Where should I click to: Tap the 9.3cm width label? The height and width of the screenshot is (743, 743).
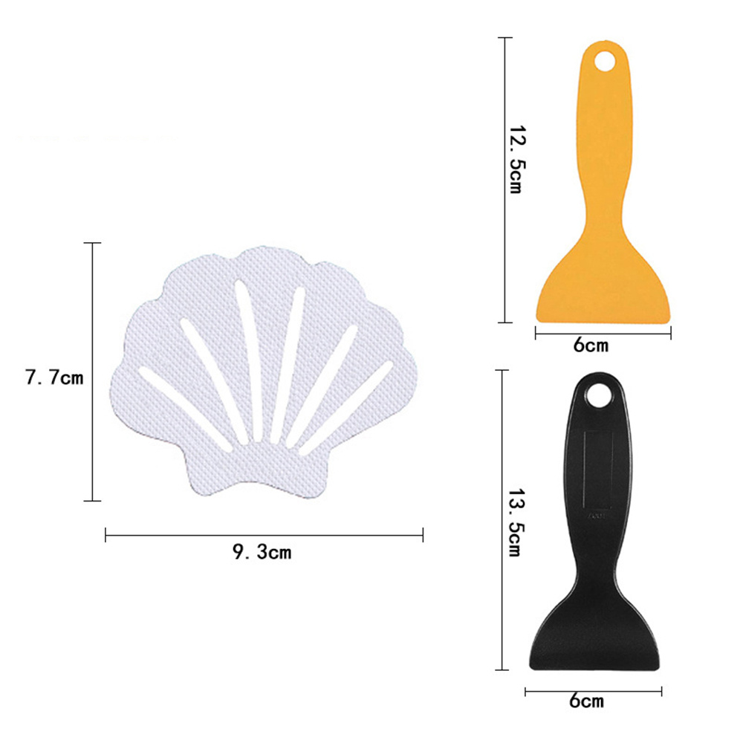coord(262,552)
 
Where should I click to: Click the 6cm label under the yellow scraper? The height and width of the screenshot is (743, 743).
coord(591,345)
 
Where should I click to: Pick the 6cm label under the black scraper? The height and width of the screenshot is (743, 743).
coord(586,701)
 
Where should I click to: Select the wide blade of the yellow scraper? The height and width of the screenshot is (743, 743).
coord(603,293)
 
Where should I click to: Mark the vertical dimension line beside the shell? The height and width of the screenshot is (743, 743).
coord(92,371)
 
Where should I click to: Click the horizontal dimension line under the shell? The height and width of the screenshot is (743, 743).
coord(264,534)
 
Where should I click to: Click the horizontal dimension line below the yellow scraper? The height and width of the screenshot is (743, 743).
coord(603,332)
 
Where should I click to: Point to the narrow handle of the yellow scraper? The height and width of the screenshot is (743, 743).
coord(606,149)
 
